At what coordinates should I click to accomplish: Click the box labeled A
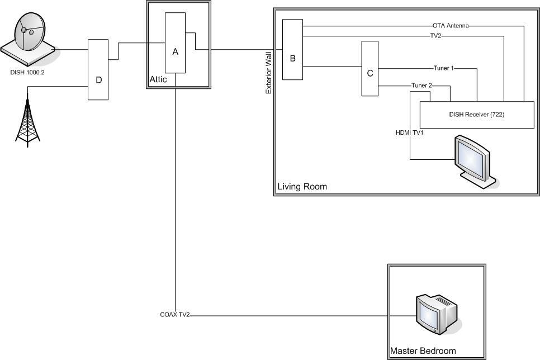pos(176,42)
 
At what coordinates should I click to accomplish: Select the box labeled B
pos(293,50)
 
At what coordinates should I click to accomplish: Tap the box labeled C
pos(370,69)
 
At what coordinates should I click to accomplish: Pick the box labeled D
pos(98,69)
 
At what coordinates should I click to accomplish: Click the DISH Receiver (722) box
pos(477,115)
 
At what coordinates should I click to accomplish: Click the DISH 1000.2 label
pos(27,72)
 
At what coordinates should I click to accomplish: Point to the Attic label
pos(158,79)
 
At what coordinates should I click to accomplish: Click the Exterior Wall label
pos(269,73)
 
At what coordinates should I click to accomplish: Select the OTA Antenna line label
pos(451,26)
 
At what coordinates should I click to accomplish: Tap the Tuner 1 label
pos(444,68)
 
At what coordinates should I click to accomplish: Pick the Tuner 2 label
pos(421,86)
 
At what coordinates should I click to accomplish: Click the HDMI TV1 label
pos(410,132)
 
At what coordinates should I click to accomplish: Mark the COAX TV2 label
pos(175,315)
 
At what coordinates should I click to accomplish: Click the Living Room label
pos(302,187)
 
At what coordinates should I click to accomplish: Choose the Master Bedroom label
pos(423,351)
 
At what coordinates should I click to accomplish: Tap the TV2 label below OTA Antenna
pos(435,35)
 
